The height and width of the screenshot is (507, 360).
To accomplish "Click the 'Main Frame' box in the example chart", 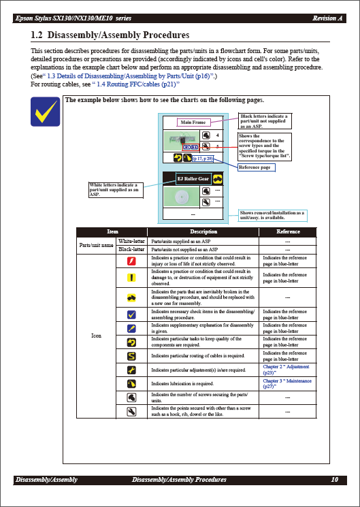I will [193, 122].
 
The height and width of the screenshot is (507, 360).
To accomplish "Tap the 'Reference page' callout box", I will [257, 167].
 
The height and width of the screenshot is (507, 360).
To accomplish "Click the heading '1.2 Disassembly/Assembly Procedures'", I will [110, 35].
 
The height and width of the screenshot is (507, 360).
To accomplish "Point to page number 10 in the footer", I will [334, 480].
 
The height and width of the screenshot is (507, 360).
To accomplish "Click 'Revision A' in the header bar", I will [327, 18].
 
